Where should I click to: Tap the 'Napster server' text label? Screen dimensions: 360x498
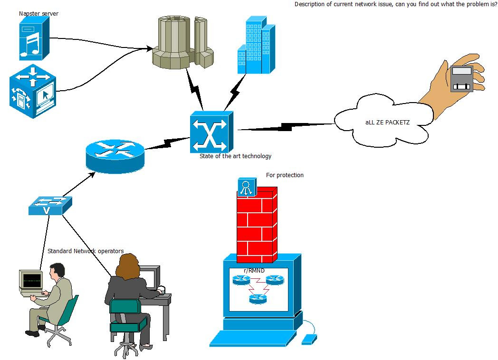coord(38,14)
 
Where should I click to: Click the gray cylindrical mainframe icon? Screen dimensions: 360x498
coord(182,43)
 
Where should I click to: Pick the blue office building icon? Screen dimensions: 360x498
coord(257,46)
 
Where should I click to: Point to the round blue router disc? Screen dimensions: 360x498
coord(115,153)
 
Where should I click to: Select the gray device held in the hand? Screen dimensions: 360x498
coord(461,78)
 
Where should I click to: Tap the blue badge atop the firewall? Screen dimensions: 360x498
coord(246,188)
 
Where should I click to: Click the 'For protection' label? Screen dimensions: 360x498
coord(285,175)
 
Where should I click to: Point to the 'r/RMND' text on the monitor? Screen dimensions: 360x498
coord(247,271)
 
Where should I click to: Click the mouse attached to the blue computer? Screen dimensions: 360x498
coord(309,339)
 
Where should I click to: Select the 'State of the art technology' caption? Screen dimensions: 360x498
coord(235,156)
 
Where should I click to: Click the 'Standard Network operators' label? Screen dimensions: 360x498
coord(86,251)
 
